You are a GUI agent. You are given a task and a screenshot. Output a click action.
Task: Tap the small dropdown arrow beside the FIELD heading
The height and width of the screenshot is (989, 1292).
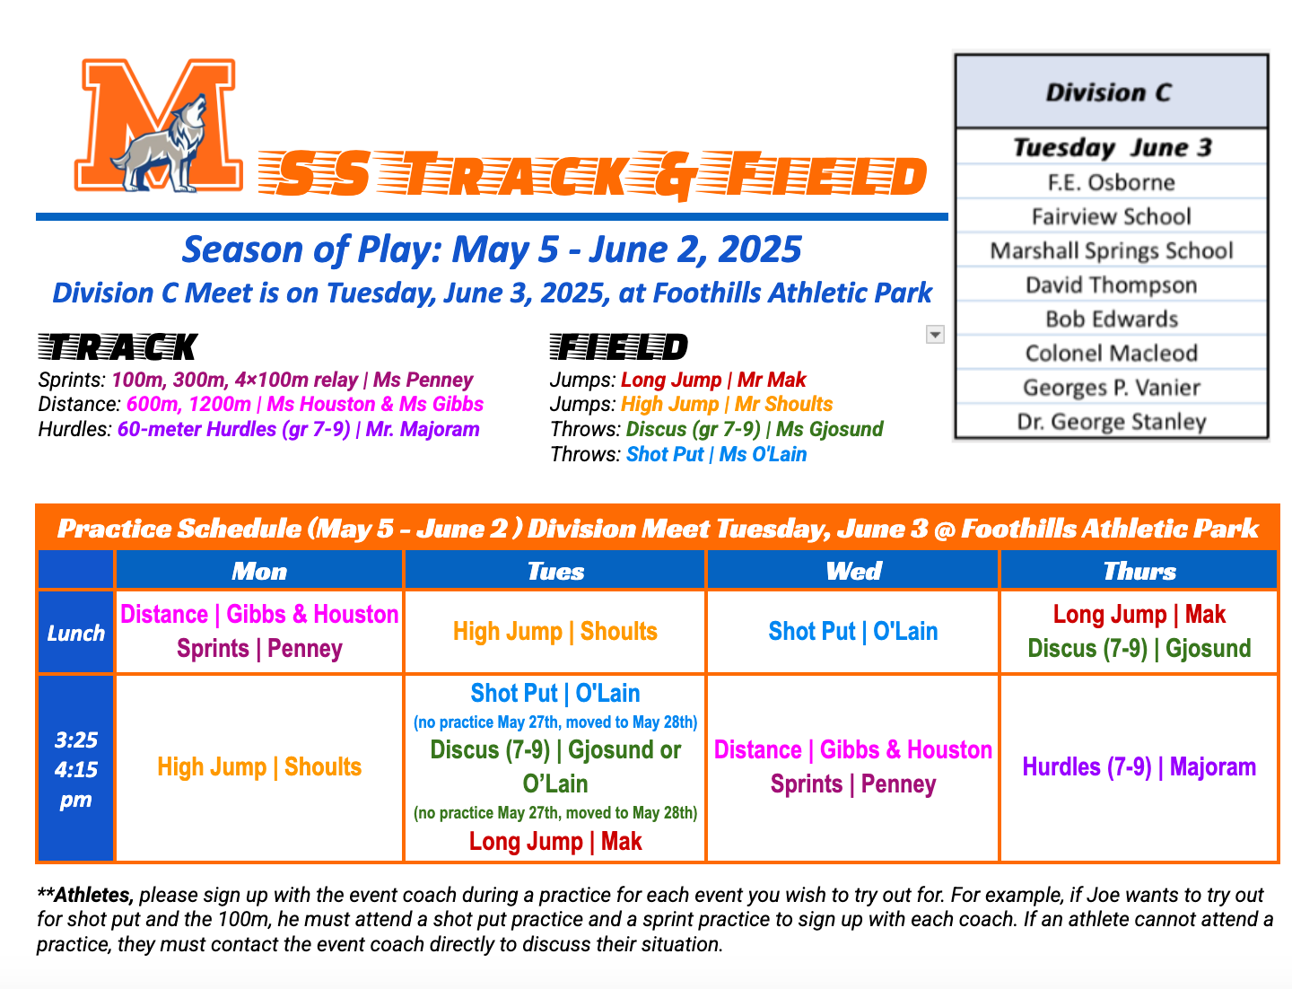click(x=935, y=335)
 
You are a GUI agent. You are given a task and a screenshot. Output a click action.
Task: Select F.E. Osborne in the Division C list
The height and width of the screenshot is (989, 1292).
click(x=1111, y=182)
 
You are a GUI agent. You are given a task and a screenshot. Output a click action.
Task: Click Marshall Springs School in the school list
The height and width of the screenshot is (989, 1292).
click(x=1111, y=250)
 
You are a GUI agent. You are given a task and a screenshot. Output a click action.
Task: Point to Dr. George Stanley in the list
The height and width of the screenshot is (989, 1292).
click(x=1111, y=422)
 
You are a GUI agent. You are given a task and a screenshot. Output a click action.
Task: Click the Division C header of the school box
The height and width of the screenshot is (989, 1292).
click(x=1111, y=92)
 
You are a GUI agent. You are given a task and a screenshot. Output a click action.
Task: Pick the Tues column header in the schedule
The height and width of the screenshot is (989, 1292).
click(x=555, y=571)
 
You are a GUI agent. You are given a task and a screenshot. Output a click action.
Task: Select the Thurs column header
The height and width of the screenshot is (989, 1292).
click(x=1139, y=571)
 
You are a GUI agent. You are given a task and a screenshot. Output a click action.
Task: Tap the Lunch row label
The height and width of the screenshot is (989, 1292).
click(x=76, y=633)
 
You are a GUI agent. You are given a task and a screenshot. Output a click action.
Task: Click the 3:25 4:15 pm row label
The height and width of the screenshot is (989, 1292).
click(x=76, y=769)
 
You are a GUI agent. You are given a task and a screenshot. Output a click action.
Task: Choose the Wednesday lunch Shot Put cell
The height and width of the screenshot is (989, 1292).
click(x=852, y=632)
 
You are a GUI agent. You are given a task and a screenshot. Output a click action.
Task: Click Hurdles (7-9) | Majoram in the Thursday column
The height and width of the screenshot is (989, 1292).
click(x=1139, y=767)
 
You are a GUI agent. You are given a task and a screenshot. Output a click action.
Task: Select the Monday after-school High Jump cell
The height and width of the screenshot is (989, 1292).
click(x=259, y=767)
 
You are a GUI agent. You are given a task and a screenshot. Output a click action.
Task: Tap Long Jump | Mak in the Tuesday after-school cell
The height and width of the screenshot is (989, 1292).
click(x=555, y=842)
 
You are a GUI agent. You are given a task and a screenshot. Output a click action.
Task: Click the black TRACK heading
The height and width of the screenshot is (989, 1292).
click(x=118, y=347)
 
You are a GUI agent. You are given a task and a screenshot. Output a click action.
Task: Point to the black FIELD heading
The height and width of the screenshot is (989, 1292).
click(x=619, y=347)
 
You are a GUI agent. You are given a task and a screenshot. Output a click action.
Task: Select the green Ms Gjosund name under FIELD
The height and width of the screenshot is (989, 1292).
click(x=830, y=430)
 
